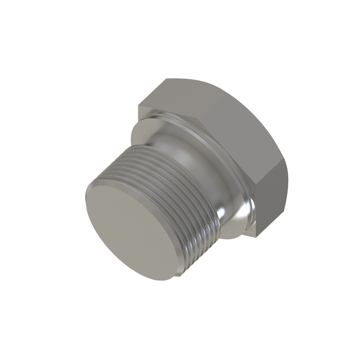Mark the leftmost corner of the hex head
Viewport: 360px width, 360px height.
[x=138, y=106]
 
